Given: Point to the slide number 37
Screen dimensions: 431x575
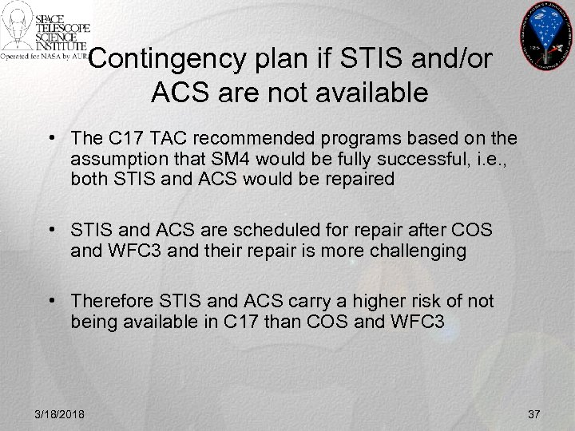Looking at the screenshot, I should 534,413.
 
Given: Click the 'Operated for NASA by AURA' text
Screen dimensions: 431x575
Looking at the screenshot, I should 45,57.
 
